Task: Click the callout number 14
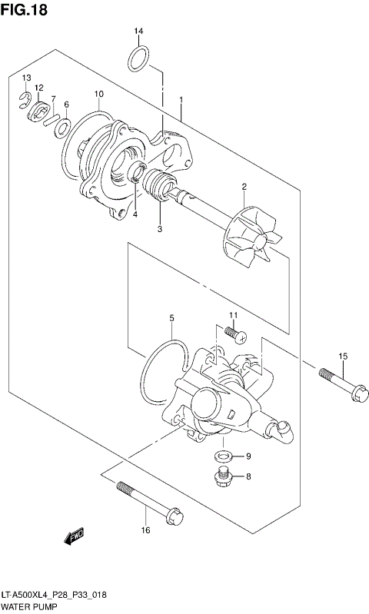pyautogui.click(x=138, y=31)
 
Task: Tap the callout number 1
pyautogui.click(x=181, y=100)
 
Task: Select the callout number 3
pyautogui.click(x=160, y=228)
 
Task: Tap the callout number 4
pyautogui.click(x=135, y=214)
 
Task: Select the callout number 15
pyautogui.click(x=343, y=355)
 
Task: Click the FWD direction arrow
pyautogui.click(x=74, y=537)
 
